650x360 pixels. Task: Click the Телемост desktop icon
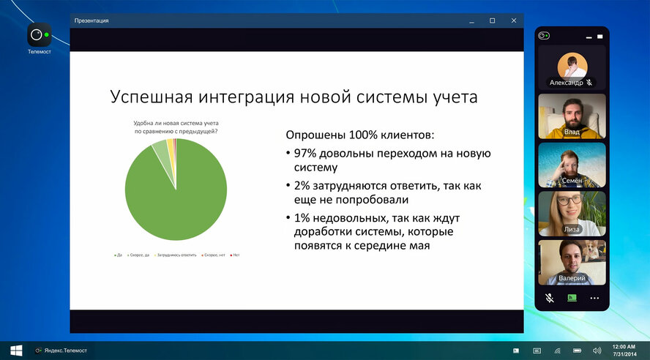39,36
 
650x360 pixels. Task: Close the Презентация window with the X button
514,20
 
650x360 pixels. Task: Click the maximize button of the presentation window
492,20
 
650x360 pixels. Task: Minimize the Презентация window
470,20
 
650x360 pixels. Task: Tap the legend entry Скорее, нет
215,255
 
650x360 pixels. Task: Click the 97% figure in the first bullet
306,154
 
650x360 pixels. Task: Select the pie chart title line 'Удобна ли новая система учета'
176,123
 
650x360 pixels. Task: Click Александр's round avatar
572,65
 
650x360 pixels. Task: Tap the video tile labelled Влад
572,116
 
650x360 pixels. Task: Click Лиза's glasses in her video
572,200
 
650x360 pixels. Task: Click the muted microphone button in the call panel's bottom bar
550,298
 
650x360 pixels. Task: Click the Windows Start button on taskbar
15,350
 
